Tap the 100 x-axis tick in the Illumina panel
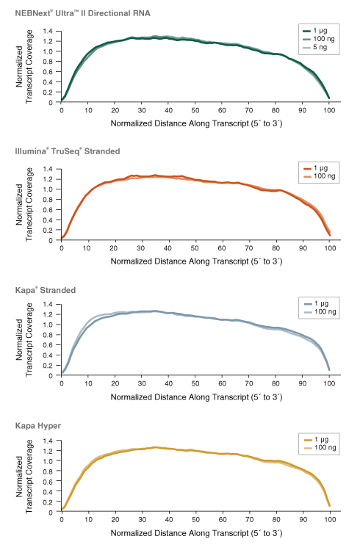pyautogui.click(x=330, y=247)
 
